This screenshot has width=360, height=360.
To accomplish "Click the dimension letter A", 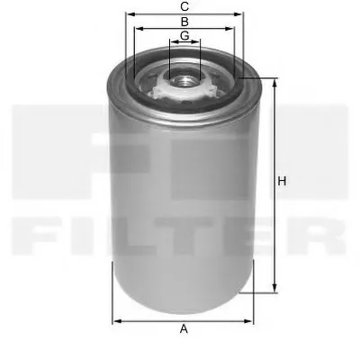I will click(184, 328).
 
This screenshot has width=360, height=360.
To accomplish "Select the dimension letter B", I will click(184, 21).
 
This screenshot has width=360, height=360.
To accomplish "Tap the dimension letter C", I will click(184, 7).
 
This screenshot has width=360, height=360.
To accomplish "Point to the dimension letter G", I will click(184, 35).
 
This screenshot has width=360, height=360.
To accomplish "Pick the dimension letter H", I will click(282, 183).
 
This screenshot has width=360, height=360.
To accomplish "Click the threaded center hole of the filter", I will click(184, 77).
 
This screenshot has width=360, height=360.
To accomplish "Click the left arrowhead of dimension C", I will click(129, 15).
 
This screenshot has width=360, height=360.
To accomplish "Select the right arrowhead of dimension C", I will click(240, 15).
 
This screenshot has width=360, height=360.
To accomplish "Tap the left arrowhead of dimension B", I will click(137, 29).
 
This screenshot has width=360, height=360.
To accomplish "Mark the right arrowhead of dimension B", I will click(231, 29).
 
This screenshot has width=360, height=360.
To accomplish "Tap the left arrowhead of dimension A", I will click(115, 319).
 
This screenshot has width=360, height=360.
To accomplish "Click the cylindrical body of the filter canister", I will click(184, 198).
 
